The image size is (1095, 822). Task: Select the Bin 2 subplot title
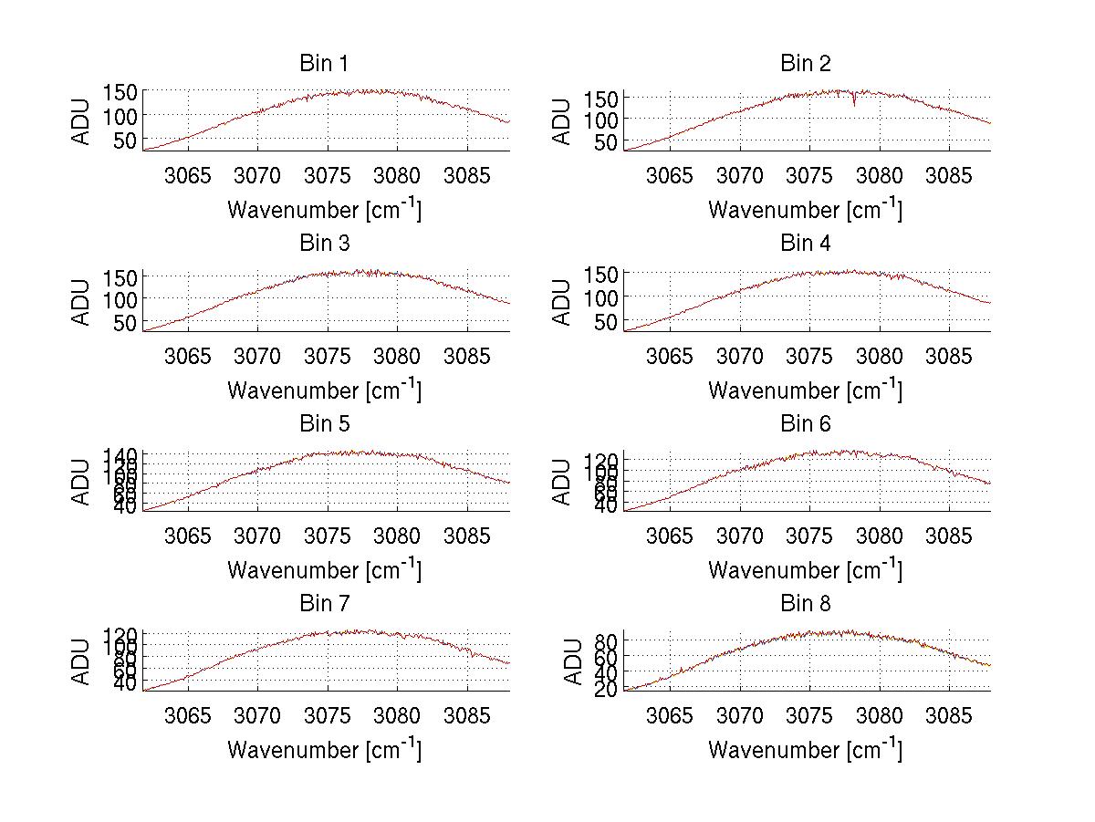(806, 64)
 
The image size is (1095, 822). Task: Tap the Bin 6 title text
(806, 424)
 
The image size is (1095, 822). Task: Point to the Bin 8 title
(806, 604)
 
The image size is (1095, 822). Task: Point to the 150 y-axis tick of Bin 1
(120, 92)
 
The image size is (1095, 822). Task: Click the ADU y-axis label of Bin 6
(563, 482)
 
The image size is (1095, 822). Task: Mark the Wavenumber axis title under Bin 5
(324, 570)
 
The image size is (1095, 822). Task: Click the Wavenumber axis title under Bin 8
(805, 750)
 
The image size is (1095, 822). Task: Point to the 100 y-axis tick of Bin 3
(120, 298)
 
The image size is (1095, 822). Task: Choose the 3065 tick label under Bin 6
(669, 535)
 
